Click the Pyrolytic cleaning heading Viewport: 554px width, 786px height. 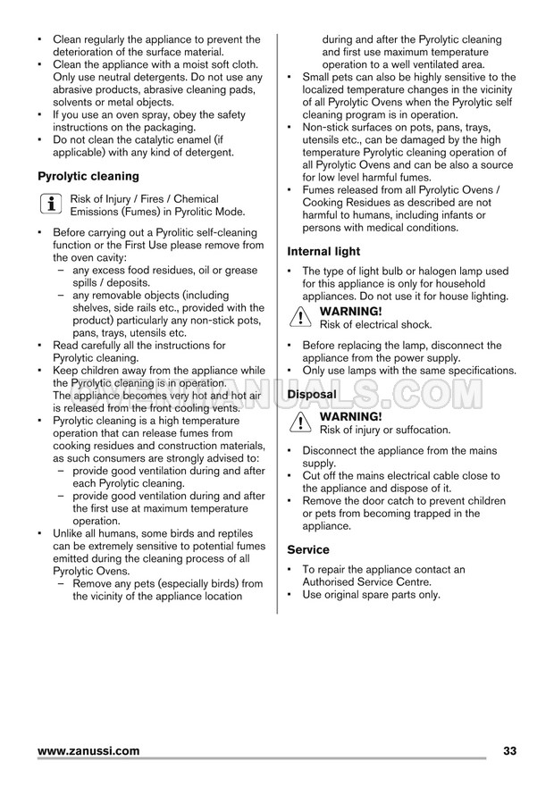point(88,176)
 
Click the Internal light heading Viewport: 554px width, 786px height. point(323,252)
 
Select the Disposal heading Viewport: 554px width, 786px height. point(312,394)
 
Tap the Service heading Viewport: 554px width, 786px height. point(308,549)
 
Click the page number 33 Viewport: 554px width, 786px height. point(510,751)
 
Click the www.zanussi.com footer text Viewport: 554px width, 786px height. point(88,751)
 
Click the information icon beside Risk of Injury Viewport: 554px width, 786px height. point(46,205)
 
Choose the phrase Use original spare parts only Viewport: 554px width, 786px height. point(371,595)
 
